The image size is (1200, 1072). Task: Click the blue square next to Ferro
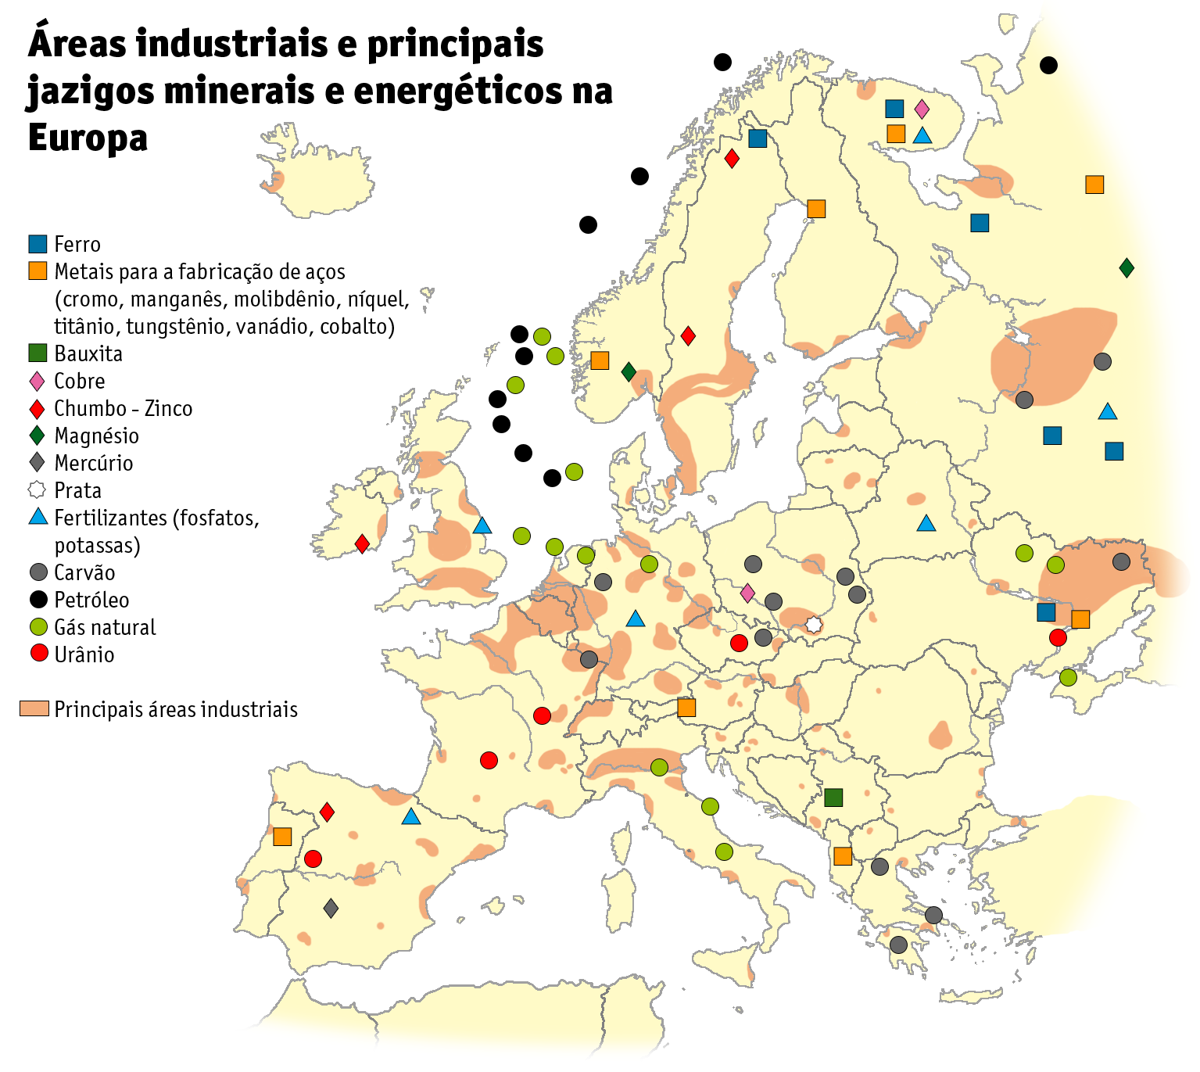tap(38, 244)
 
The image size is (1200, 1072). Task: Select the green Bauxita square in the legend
tap(38, 353)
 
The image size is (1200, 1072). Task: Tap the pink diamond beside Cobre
tap(38, 381)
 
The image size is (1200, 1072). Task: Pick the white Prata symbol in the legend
tap(38, 490)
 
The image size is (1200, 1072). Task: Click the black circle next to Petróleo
tap(38, 600)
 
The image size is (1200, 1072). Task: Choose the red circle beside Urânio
tap(38, 654)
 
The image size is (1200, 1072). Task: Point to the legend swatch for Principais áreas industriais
tap(34, 709)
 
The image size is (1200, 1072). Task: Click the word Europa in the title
tap(88, 138)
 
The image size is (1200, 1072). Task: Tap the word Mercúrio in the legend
tap(94, 463)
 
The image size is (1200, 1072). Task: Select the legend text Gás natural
tap(105, 627)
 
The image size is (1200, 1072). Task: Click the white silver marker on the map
tap(814, 625)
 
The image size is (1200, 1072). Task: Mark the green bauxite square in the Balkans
tap(833, 798)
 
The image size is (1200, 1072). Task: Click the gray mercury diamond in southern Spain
tap(331, 909)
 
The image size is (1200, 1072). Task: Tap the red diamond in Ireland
tap(362, 543)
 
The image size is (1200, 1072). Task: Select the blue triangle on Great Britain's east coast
tap(482, 526)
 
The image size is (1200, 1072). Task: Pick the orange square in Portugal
tap(282, 837)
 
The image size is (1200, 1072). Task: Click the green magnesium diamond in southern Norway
tap(629, 371)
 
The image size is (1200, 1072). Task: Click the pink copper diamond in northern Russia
tap(922, 109)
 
